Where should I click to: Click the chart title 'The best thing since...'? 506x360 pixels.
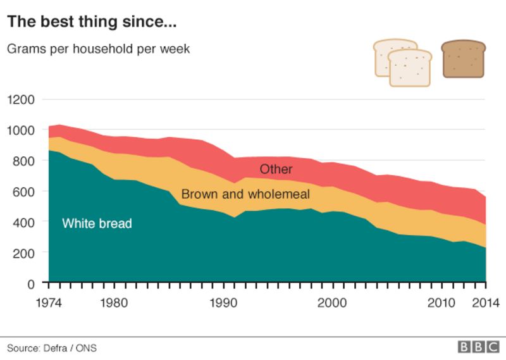pos(91,22)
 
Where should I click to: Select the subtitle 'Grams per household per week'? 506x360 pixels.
pos(98,49)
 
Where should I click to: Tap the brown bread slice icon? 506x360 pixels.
pos(463,59)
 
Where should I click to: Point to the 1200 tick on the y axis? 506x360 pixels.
pos(21,99)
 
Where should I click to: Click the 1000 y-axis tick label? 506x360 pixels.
pos(21,130)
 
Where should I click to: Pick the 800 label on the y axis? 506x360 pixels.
pos(24,161)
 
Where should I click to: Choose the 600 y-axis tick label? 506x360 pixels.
pos(24,191)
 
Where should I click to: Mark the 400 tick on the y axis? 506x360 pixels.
pos(24,221)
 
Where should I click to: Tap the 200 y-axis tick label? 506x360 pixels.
pos(24,252)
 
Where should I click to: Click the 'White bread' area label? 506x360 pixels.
pos(97,223)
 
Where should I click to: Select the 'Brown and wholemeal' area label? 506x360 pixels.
pos(245,194)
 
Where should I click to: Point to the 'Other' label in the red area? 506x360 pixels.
pos(276,170)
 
